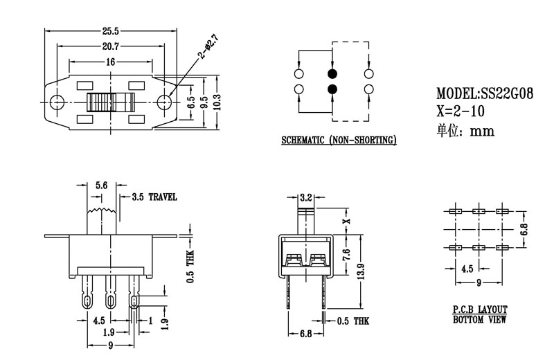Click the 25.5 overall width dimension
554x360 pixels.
click(110, 31)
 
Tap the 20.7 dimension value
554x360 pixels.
click(110, 46)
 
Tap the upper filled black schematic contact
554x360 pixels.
click(332, 73)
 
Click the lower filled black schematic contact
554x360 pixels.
click(332, 89)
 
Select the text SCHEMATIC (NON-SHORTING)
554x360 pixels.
click(339, 141)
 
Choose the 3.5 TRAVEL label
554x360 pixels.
click(154, 197)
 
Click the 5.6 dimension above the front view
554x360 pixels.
click(100, 186)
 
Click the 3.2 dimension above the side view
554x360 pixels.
click(305, 197)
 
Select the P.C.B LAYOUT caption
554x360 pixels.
click(480, 309)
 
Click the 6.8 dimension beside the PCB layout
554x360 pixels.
click(524, 228)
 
